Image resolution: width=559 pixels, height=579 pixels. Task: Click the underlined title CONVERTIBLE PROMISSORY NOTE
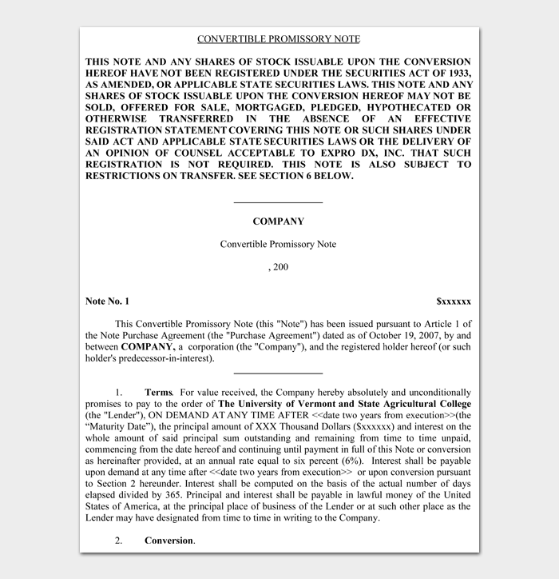pyautogui.click(x=278, y=39)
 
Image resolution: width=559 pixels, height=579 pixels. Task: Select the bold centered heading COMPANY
pyautogui.click(x=278, y=222)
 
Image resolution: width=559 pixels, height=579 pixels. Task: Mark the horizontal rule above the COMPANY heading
pyautogui.click(x=278, y=203)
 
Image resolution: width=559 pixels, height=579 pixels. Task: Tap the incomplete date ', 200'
pyautogui.click(x=278, y=267)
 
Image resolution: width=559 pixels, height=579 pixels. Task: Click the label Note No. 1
pyautogui.click(x=107, y=301)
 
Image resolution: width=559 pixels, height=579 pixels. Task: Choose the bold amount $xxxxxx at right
pyautogui.click(x=453, y=301)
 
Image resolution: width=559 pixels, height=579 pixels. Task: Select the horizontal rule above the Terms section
pyautogui.click(x=278, y=373)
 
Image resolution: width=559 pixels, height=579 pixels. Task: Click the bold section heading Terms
pyautogui.click(x=158, y=393)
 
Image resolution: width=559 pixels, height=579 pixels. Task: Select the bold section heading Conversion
pyautogui.click(x=168, y=541)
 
